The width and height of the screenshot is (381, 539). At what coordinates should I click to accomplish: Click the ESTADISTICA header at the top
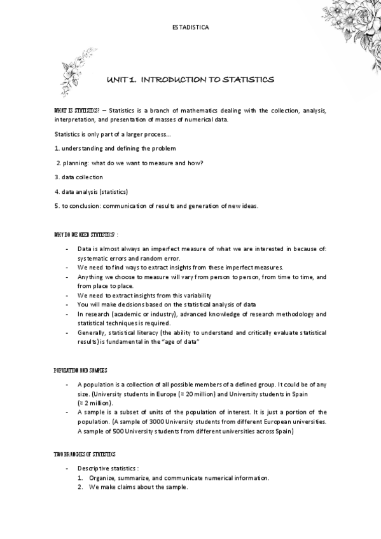click(x=190, y=28)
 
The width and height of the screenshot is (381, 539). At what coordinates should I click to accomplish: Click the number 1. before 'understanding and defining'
click(x=57, y=148)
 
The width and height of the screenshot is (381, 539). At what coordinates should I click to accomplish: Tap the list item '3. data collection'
click(x=79, y=177)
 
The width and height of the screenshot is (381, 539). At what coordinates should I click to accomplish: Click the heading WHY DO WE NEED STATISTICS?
click(x=86, y=235)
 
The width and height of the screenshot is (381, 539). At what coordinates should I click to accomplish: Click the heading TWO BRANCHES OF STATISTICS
click(x=85, y=454)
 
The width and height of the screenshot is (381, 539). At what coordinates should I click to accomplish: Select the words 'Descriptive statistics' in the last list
click(x=107, y=469)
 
